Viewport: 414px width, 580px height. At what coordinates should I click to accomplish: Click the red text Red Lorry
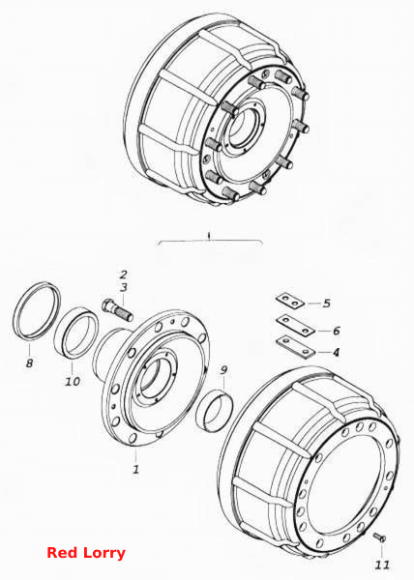[x=86, y=553]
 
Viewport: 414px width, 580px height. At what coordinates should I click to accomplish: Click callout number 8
[x=30, y=362]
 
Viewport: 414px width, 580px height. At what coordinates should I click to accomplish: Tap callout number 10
[x=73, y=381]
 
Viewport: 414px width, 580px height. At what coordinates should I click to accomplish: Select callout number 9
[x=223, y=370]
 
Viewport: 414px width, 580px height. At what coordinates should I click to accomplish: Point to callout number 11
[x=382, y=565]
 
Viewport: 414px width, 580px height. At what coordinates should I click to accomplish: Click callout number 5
[x=326, y=304]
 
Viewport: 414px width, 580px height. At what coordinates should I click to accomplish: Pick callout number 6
[x=336, y=331]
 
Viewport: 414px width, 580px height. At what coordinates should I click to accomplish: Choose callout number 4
[x=336, y=352]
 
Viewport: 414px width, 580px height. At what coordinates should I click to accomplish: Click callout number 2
[x=123, y=275]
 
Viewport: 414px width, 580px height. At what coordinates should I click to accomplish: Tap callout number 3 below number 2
[x=124, y=287]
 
